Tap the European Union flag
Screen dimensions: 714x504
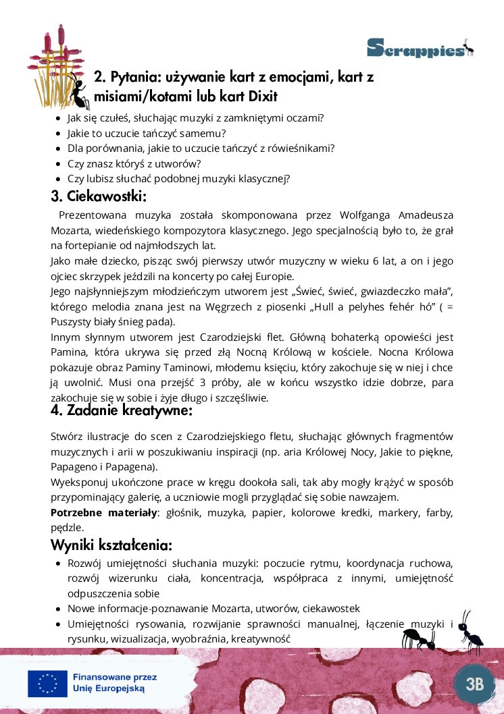point(47,683)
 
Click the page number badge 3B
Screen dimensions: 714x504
point(475,683)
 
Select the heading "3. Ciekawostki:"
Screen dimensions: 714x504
point(99,196)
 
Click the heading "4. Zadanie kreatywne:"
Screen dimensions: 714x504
point(122,410)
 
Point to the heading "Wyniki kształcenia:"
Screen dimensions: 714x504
point(111,545)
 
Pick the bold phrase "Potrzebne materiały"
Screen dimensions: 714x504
point(103,513)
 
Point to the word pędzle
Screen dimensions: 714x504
point(67,528)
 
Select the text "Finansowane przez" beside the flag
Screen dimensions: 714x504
point(114,676)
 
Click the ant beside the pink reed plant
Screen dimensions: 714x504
point(78,90)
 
